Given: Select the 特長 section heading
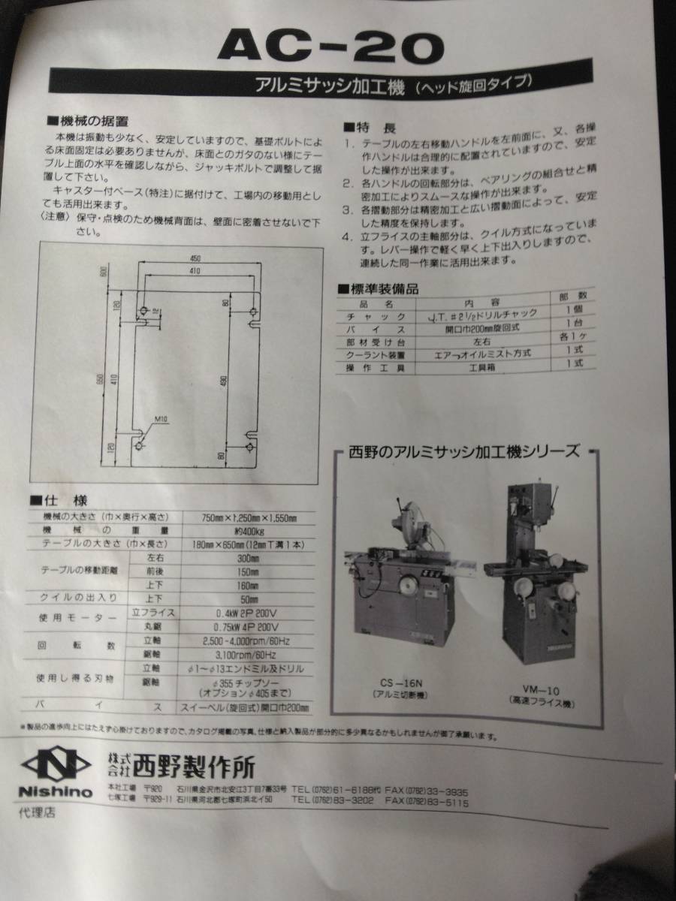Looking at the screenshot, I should pyautogui.click(x=368, y=125).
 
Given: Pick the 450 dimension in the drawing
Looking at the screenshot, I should pyautogui.click(x=195, y=258).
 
